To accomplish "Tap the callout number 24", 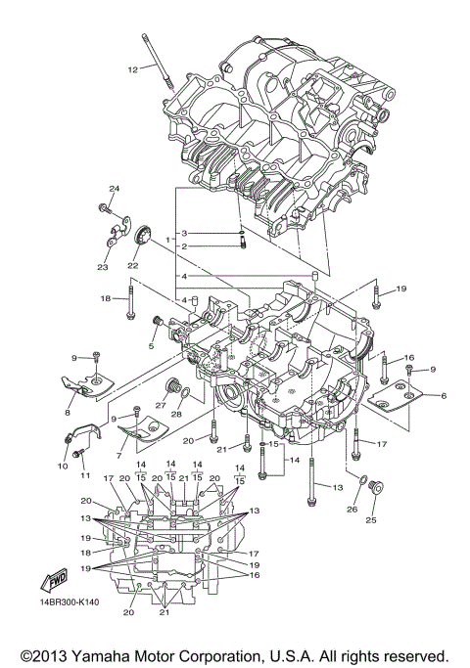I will [114, 189].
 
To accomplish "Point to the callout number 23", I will [102, 266].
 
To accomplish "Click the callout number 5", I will [152, 345].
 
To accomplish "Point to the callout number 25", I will [370, 520].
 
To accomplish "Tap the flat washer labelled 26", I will [363, 481].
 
